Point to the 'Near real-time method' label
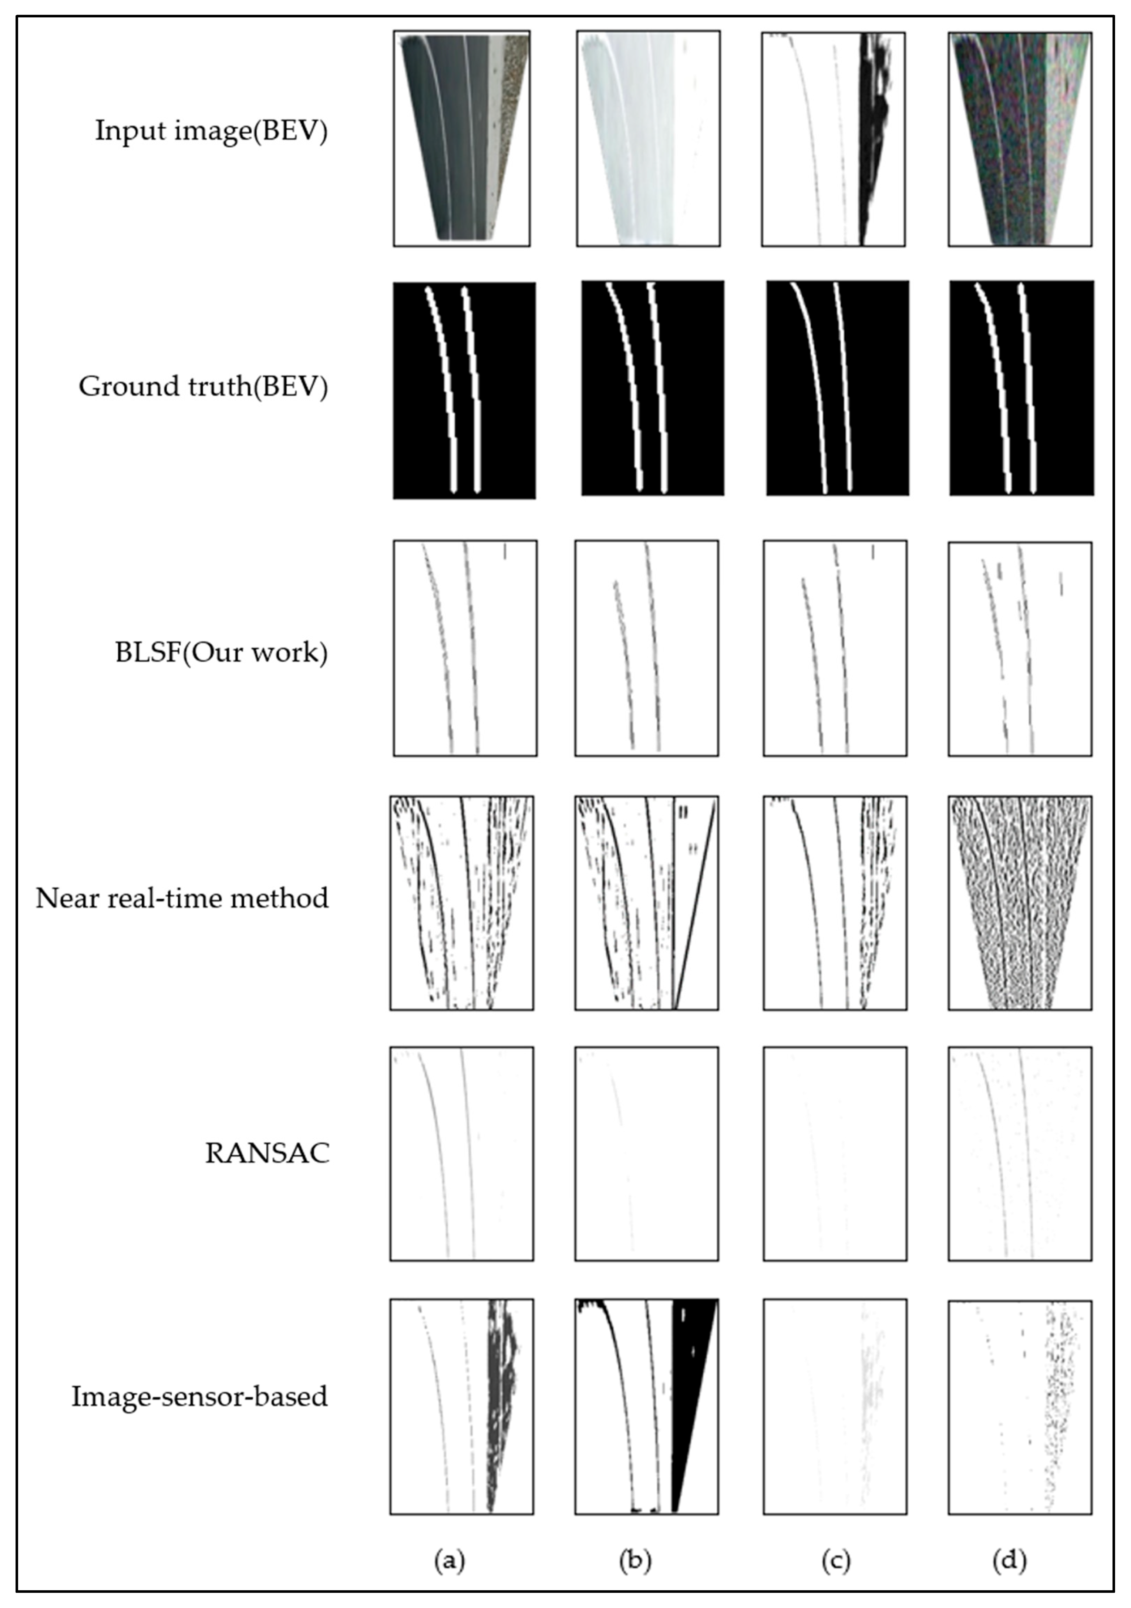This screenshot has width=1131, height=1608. point(182,898)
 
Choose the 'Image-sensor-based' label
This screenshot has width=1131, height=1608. point(199,1396)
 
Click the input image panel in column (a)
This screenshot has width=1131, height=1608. point(461,138)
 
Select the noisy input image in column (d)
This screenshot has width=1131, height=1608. point(1020,138)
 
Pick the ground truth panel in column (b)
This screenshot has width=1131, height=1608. point(653,388)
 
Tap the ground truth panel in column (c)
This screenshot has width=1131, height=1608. point(838,388)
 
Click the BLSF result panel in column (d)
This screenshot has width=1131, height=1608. point(1020,648)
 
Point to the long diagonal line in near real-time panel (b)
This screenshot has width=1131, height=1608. point(695,903)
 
